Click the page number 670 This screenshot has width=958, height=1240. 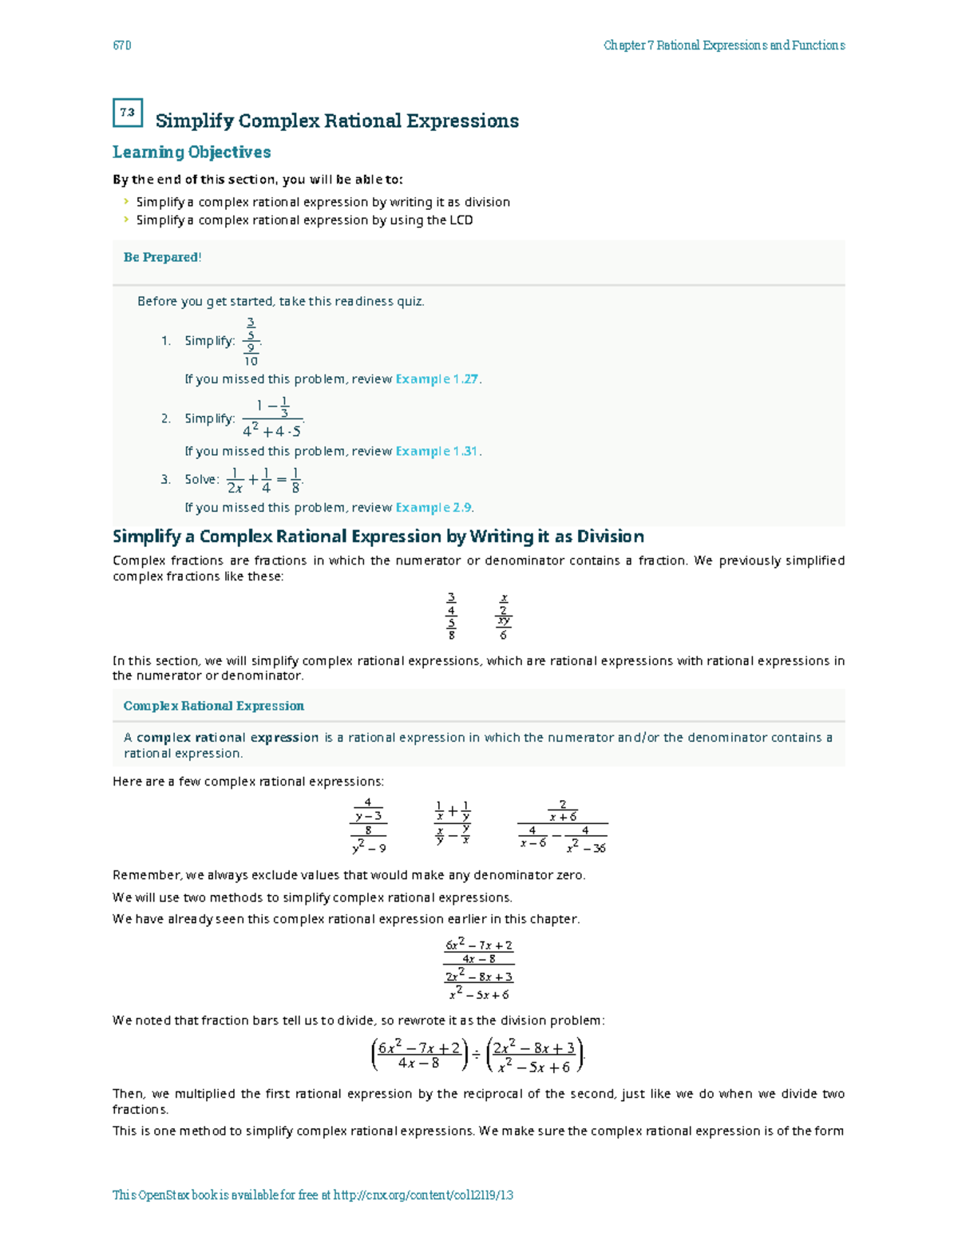pos(122,46)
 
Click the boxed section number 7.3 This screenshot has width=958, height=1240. pos(128,113)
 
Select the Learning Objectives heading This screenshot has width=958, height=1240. pos(192,152)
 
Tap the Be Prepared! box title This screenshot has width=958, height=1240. pos(162,257)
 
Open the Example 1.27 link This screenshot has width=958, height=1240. pos(437,379)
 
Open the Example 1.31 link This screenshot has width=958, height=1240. pos(437,451)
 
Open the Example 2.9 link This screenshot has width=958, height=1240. pos(433,508)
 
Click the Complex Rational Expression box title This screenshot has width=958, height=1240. pos(213,706)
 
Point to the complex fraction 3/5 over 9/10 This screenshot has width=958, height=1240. pos(251,342)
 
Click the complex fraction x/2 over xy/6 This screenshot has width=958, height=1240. pos(503,616)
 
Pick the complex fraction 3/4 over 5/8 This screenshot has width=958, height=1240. pos(452,616)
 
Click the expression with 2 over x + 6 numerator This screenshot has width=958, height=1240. pos(563,826)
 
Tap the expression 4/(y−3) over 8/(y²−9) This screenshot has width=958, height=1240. pos(369,826)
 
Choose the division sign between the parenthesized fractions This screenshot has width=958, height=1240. pos(476,1056)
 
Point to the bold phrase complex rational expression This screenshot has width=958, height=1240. pos(228,738)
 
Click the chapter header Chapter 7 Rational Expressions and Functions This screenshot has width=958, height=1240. pos(724,46)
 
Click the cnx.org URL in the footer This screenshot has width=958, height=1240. pos(423,1195)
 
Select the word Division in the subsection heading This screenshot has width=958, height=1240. pos(611,537)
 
